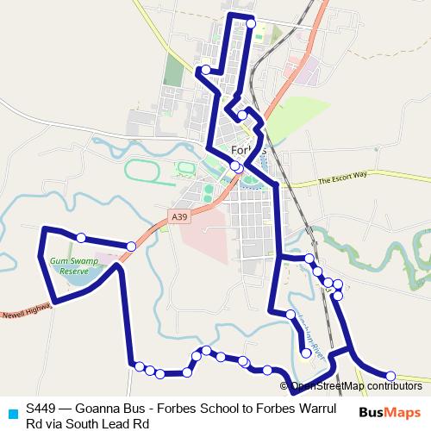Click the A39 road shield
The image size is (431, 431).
pyautogui.click(x=178, y=217)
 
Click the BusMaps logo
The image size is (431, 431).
pyautogui.click(x=389, y=412)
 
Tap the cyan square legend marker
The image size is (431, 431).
pyautogui.click(x=11, y=412)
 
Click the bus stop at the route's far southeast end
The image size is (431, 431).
pyautogui.click(x=390, y=376)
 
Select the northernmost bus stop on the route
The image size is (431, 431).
pyautogui.click(x=251, y=23)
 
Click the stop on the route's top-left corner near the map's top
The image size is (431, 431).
pyautogui.click(x=206, y=70)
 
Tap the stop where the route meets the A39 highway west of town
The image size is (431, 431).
pyautogui.click(x=131, y=247)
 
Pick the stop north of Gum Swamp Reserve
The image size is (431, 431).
pyautogui.click(x=80, y=237)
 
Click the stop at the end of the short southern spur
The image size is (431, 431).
pyautogui.click(x=306, y=353)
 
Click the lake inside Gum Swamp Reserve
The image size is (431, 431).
pyautogui.click(x=73, y=278)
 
